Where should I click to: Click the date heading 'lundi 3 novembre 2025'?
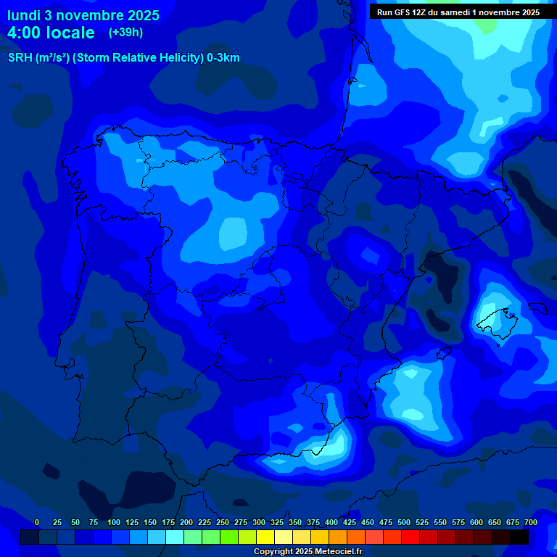coord(83,15)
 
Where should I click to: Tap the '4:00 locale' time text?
coord(51,33)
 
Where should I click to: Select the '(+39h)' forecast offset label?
coord(126,32)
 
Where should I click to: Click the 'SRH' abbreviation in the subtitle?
coord(20,58)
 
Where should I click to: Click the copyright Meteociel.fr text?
coord(308,552)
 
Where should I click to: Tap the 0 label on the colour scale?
coord(37,522)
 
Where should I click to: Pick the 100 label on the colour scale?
coord(114,522)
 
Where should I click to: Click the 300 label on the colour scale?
coord(259,522)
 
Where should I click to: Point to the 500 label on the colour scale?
coord(404,522)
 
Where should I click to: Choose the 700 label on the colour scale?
coord(530,522)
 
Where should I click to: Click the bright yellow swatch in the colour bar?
coord(265,537)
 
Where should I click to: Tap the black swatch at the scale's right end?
coord(519,537)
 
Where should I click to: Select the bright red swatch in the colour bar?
coord(410,537)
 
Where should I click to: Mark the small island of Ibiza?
coord(440,354)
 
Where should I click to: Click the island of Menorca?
coord(537,308)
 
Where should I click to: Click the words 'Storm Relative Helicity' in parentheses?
coord(137,58)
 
